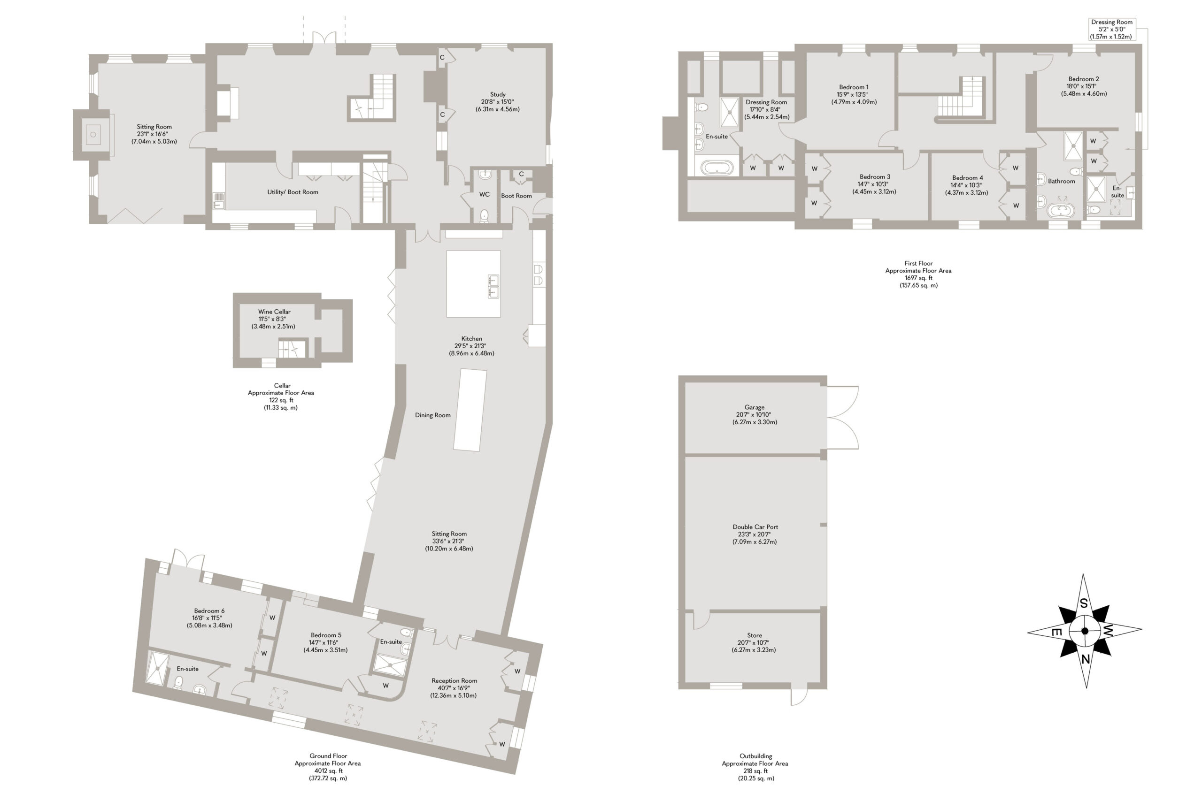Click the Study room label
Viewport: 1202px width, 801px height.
[x=497, y=94]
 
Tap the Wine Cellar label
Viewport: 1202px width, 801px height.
[x=274, y=312]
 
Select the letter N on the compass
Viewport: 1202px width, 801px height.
[x=1086, y=659]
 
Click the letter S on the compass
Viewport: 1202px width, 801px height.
[x=1083, y=604]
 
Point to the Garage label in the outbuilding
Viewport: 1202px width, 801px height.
[x=755, y=407]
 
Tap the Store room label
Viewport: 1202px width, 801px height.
[x=755, y=635]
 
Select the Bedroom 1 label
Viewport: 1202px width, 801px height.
[x=854, y=87]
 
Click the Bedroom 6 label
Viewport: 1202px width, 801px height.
[x=209, y=610]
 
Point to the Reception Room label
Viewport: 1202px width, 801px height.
[x=455, y=680]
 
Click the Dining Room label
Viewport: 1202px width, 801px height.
[x=433, y=415]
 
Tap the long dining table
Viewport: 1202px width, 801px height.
[x=470, y=410]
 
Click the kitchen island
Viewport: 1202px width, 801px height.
[x=473, y=283]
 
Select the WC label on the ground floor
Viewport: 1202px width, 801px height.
[x=485, y=195]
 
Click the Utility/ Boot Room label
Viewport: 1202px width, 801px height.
[x=293, y=192]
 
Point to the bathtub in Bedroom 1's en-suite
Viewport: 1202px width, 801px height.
[x=717, y=167]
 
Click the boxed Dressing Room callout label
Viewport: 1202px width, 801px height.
[x=1112, y=29]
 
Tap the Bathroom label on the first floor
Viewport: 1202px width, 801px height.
[x=1062, y=181]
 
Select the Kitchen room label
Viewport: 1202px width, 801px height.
[x=472, y=339]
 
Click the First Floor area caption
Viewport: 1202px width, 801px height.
[x=918, y=275]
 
